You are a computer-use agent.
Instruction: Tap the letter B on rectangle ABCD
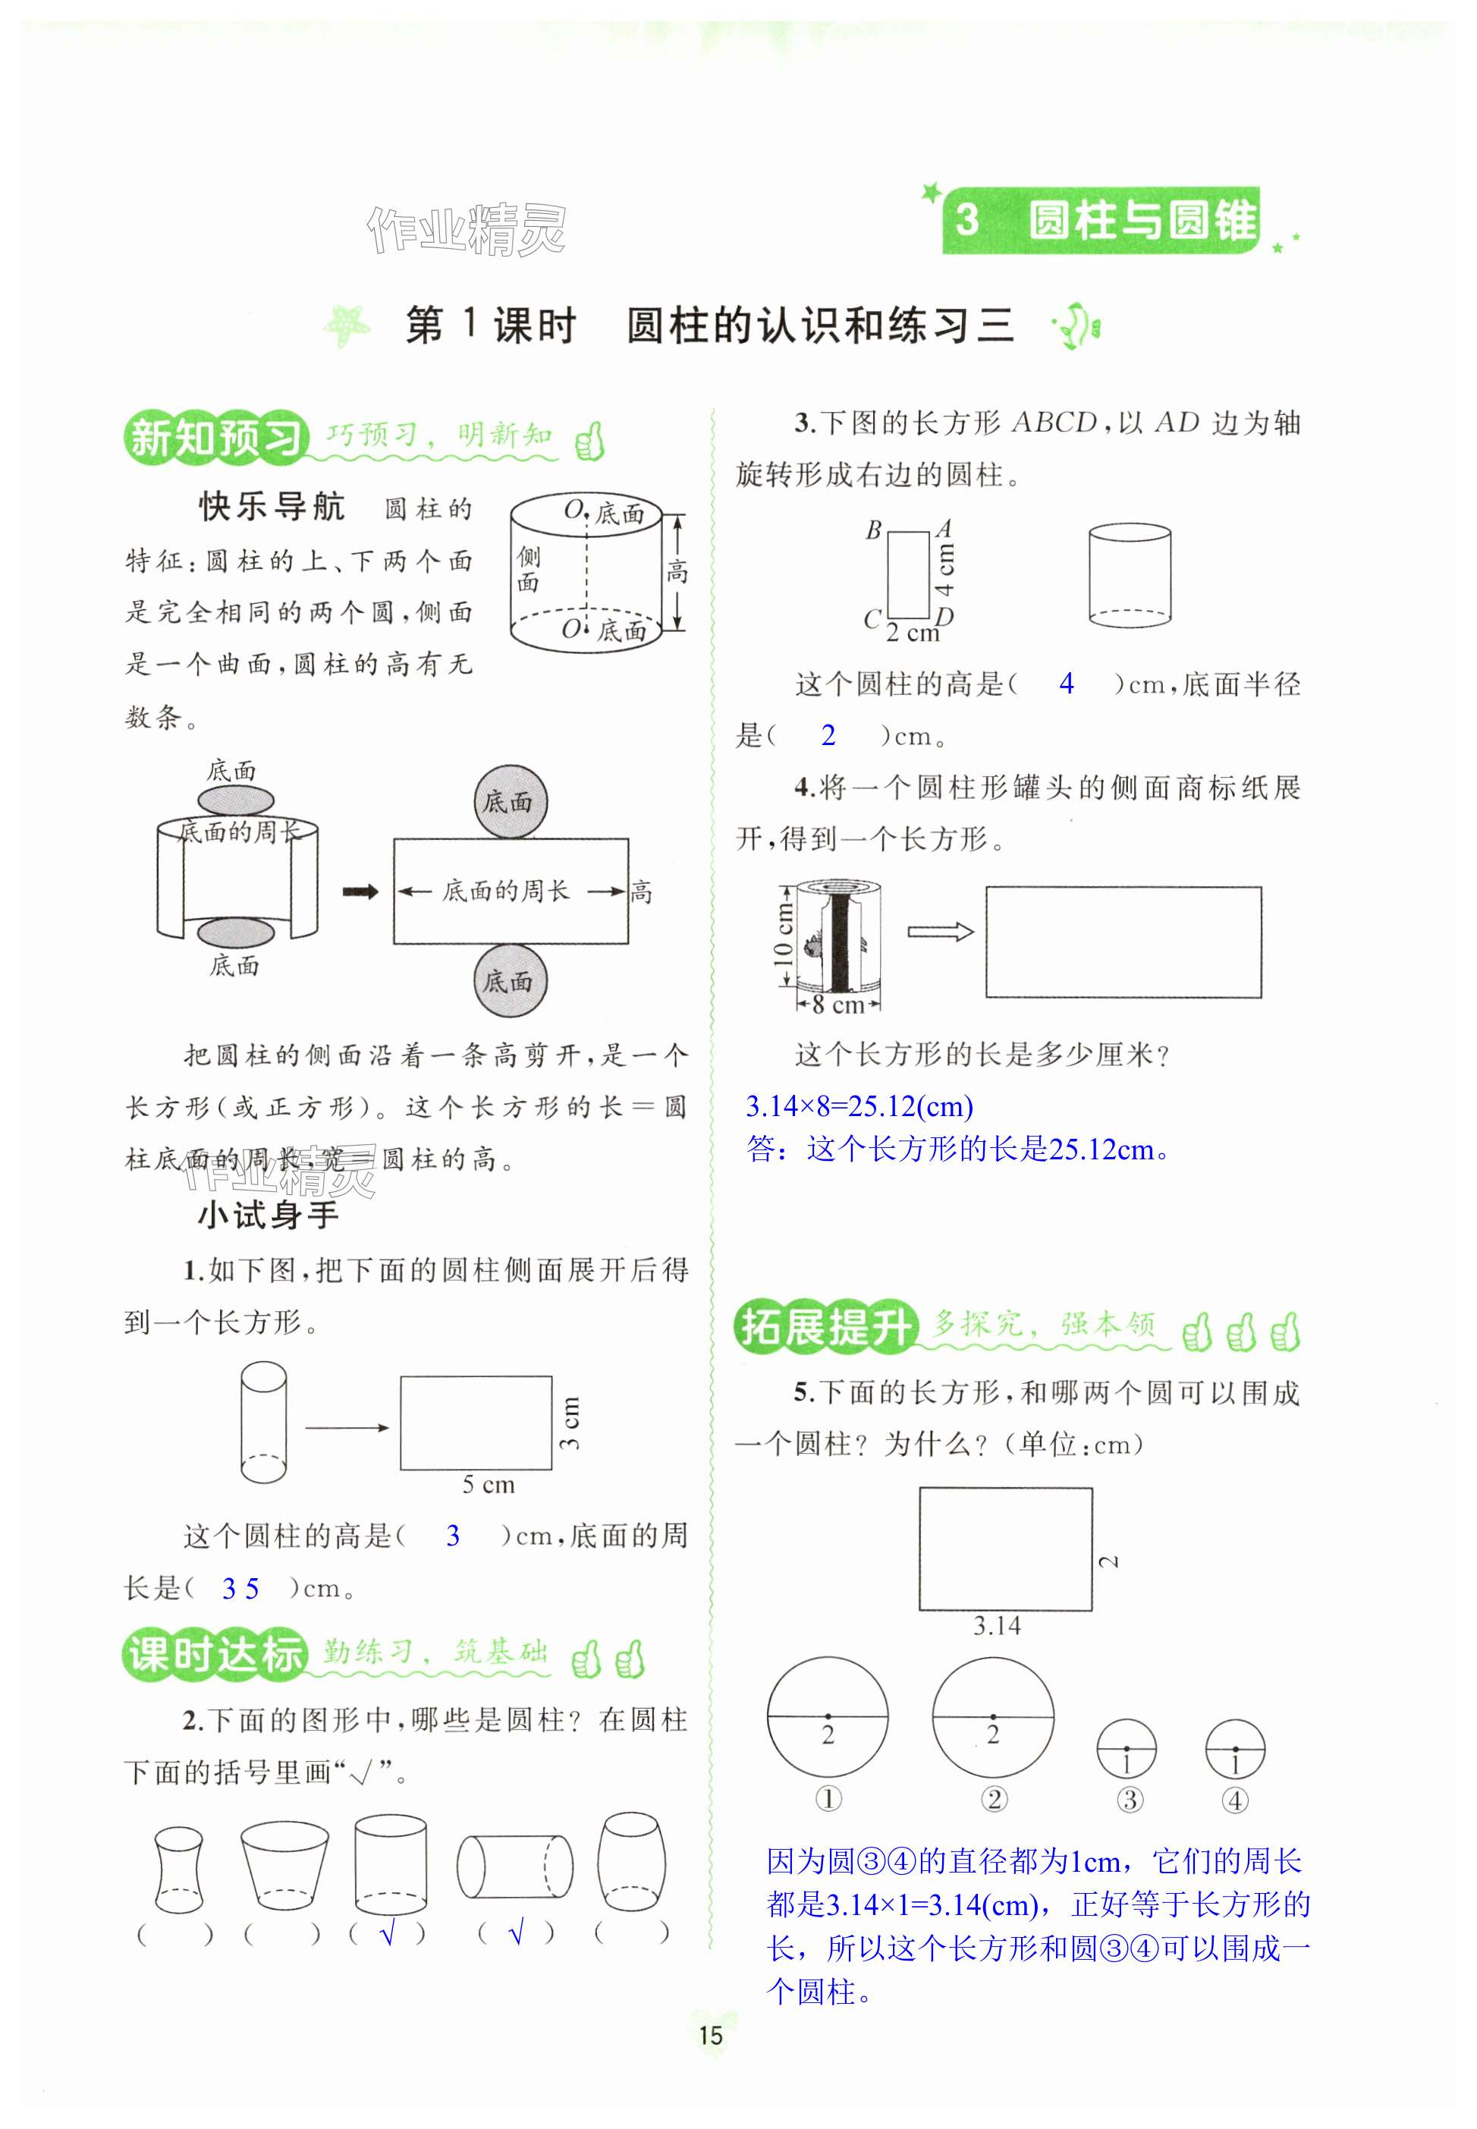872,530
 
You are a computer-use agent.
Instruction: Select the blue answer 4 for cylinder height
1066,684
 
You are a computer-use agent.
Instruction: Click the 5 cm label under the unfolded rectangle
488,1485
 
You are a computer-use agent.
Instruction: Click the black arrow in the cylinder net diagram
360,892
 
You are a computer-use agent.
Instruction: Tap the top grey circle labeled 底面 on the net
509,802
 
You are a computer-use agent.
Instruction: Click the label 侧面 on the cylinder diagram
529,569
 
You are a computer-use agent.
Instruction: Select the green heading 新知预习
215,437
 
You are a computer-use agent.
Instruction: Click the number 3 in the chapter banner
966,220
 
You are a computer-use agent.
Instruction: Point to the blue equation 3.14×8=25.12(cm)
859,1106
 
